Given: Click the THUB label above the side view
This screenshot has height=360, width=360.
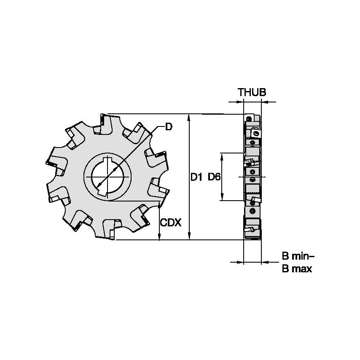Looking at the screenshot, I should click(x=252, y=92).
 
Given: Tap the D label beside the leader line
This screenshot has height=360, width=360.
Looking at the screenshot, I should click(x=168, y=126).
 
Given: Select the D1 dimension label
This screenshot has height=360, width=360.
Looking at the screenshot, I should click(x=196, y=177).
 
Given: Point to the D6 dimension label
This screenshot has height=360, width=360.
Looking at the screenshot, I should click(x=214, y=177).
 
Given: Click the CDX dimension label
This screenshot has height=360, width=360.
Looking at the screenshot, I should click(x=171, y=223).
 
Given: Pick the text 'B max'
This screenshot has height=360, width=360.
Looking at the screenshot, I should click(x=297, y=269).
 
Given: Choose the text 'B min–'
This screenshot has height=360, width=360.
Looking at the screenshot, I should click(x=298, y=256).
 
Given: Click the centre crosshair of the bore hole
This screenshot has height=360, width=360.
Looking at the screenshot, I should click(x=107, y=177).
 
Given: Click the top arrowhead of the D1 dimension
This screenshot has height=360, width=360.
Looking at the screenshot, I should click(x=190, y=116).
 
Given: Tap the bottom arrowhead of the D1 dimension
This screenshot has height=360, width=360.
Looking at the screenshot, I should click(x=190, y=237).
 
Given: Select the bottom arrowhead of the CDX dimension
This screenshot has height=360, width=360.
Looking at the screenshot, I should click(x=159, y=238).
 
